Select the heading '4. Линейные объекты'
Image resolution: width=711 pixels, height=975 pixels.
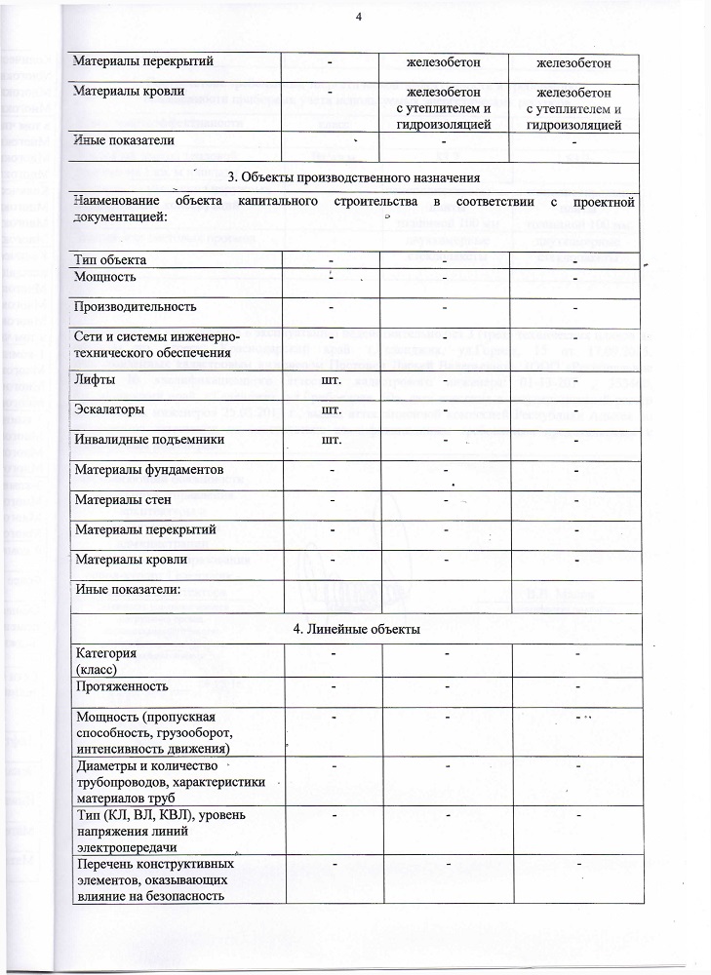356,629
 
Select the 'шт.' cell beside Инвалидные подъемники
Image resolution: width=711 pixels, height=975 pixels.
331,440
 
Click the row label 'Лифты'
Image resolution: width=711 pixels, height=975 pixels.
95,377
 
